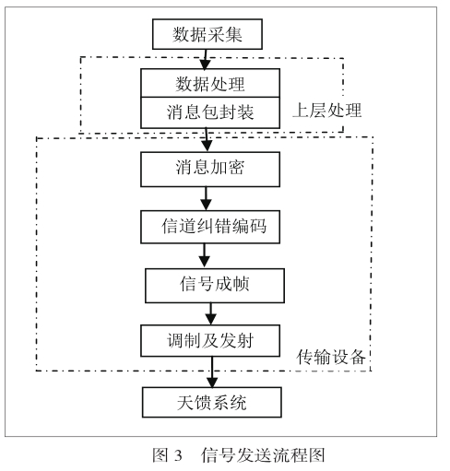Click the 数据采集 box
pyautogui.click(x=207, y=34)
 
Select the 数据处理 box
pyautogui.click(x=210, y=83)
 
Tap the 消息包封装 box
pyautogui.click(x=210, y=112)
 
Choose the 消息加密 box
pyautogui.click(x=210, y=169)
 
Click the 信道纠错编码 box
pyautogui.click(x=210, y=227)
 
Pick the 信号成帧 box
pyautogui.click(x=215, y=286)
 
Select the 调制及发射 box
pyautogui.click(x=210, y=341)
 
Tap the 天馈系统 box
pyautogui.click(x=212, y=402)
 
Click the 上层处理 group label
pyautogui.click(x=327, y=111)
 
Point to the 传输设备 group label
pyautogui.click(x=331, y=357)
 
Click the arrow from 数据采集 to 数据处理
pyautogui.click(x=206, y=59)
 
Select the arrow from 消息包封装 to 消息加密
pyautogui.click(x=207, y=140)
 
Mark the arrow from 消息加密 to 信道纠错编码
pyautogui.click(x=206, y=198)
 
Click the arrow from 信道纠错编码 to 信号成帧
pyautogui.click(x=205, y=256)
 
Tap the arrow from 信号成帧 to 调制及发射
pyautogui.click(x=211, y=314)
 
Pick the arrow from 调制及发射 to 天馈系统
pyautogui.click(x=212, y=371)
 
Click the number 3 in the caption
pyautogui.click(x=178, y=455)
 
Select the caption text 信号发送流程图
pyautogui.click(x=263, y=455)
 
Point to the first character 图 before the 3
pyautogui.click(x=160, y=455)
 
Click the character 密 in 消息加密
pyautogui.click(x=236, y=168)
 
